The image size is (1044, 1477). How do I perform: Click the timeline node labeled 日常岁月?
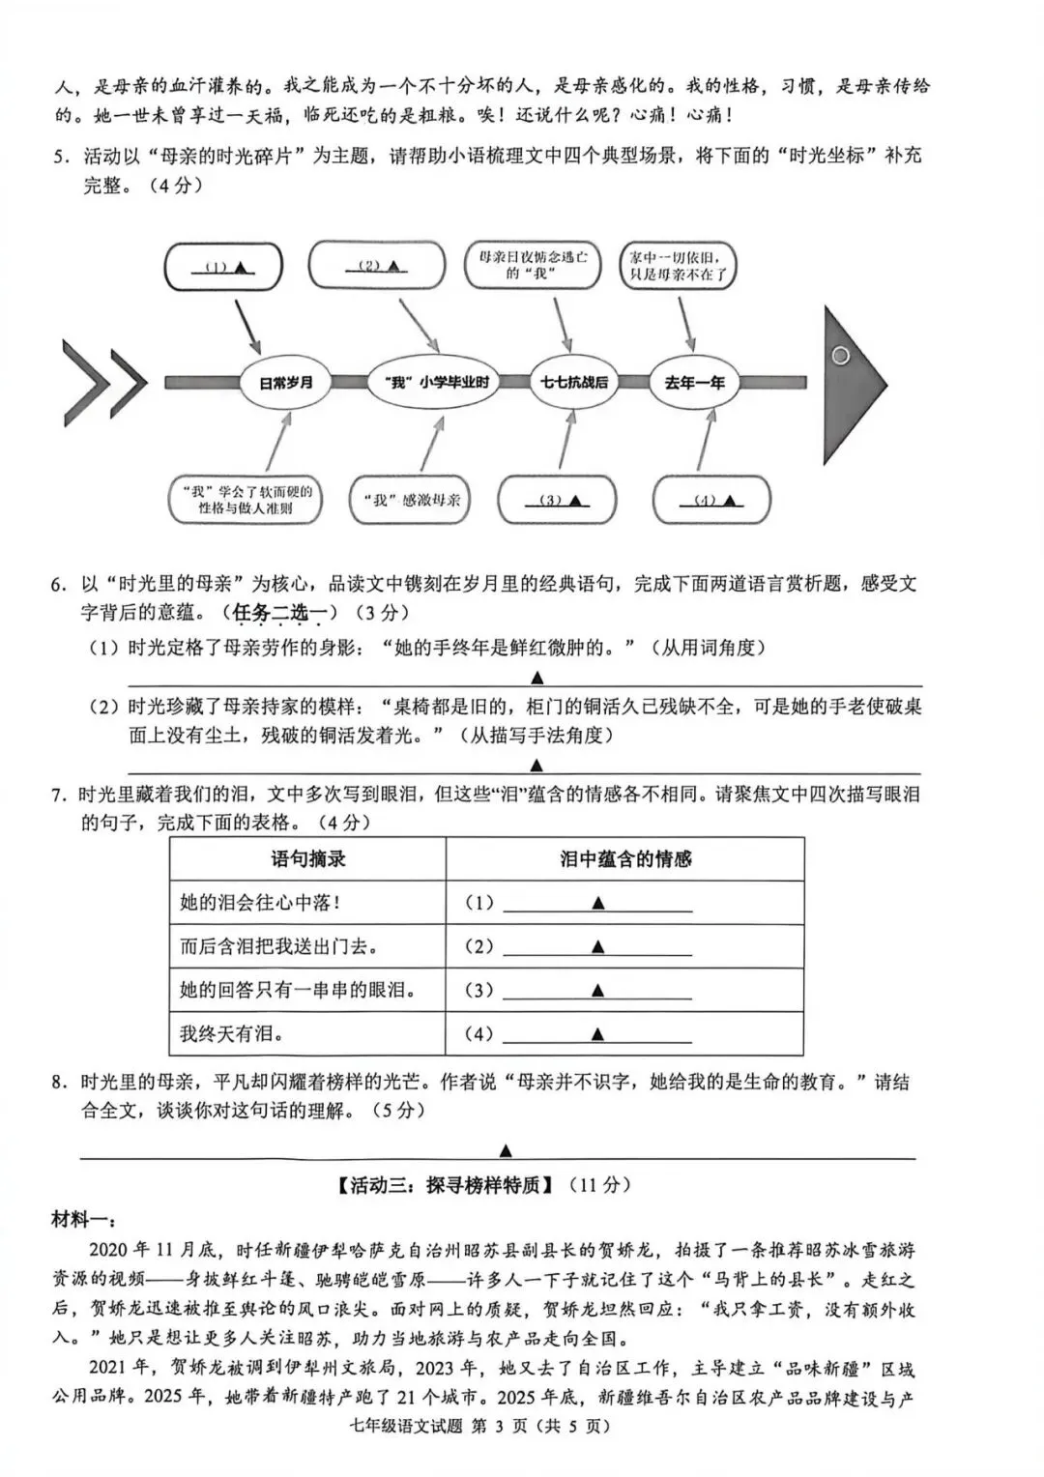(285, 383)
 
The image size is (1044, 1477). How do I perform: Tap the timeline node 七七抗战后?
(574, 383)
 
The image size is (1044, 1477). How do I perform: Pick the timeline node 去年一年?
(694, 383)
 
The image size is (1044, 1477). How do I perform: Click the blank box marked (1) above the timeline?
(223, 267)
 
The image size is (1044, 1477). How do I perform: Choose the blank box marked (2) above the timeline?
(376, 265)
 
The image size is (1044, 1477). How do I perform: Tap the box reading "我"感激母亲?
(413, 500)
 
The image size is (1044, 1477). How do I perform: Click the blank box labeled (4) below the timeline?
(711, 501)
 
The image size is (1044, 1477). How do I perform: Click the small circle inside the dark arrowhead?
(840, 356)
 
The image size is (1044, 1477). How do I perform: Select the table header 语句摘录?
(307, 858)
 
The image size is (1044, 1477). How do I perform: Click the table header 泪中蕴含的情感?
(625, 858)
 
